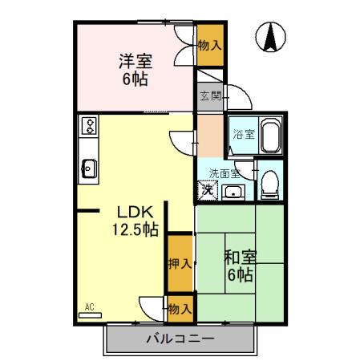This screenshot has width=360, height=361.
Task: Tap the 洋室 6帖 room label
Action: (x=136, y=69)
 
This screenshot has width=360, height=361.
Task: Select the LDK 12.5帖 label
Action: (x=136, y=221)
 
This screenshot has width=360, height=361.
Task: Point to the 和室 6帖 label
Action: (x=239, y=266)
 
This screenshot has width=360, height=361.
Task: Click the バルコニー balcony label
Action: (x=180, y=339)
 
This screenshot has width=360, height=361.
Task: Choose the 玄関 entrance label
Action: (x=208, y=96)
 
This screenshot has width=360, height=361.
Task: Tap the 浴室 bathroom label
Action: (x=244, y=135)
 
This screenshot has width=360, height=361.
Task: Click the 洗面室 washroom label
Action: (x=224, y=173)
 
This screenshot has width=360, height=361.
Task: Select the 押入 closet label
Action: (x=180, y=262)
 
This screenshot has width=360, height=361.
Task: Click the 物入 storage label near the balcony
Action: (x=180, y=307)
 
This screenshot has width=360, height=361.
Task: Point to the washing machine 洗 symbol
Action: (x=208, y=190)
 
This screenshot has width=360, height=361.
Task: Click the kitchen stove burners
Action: (x=88, y=126)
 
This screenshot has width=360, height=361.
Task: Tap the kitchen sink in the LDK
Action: (x=88, y=169)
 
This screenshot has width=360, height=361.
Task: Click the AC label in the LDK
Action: (x=90, y=306)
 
